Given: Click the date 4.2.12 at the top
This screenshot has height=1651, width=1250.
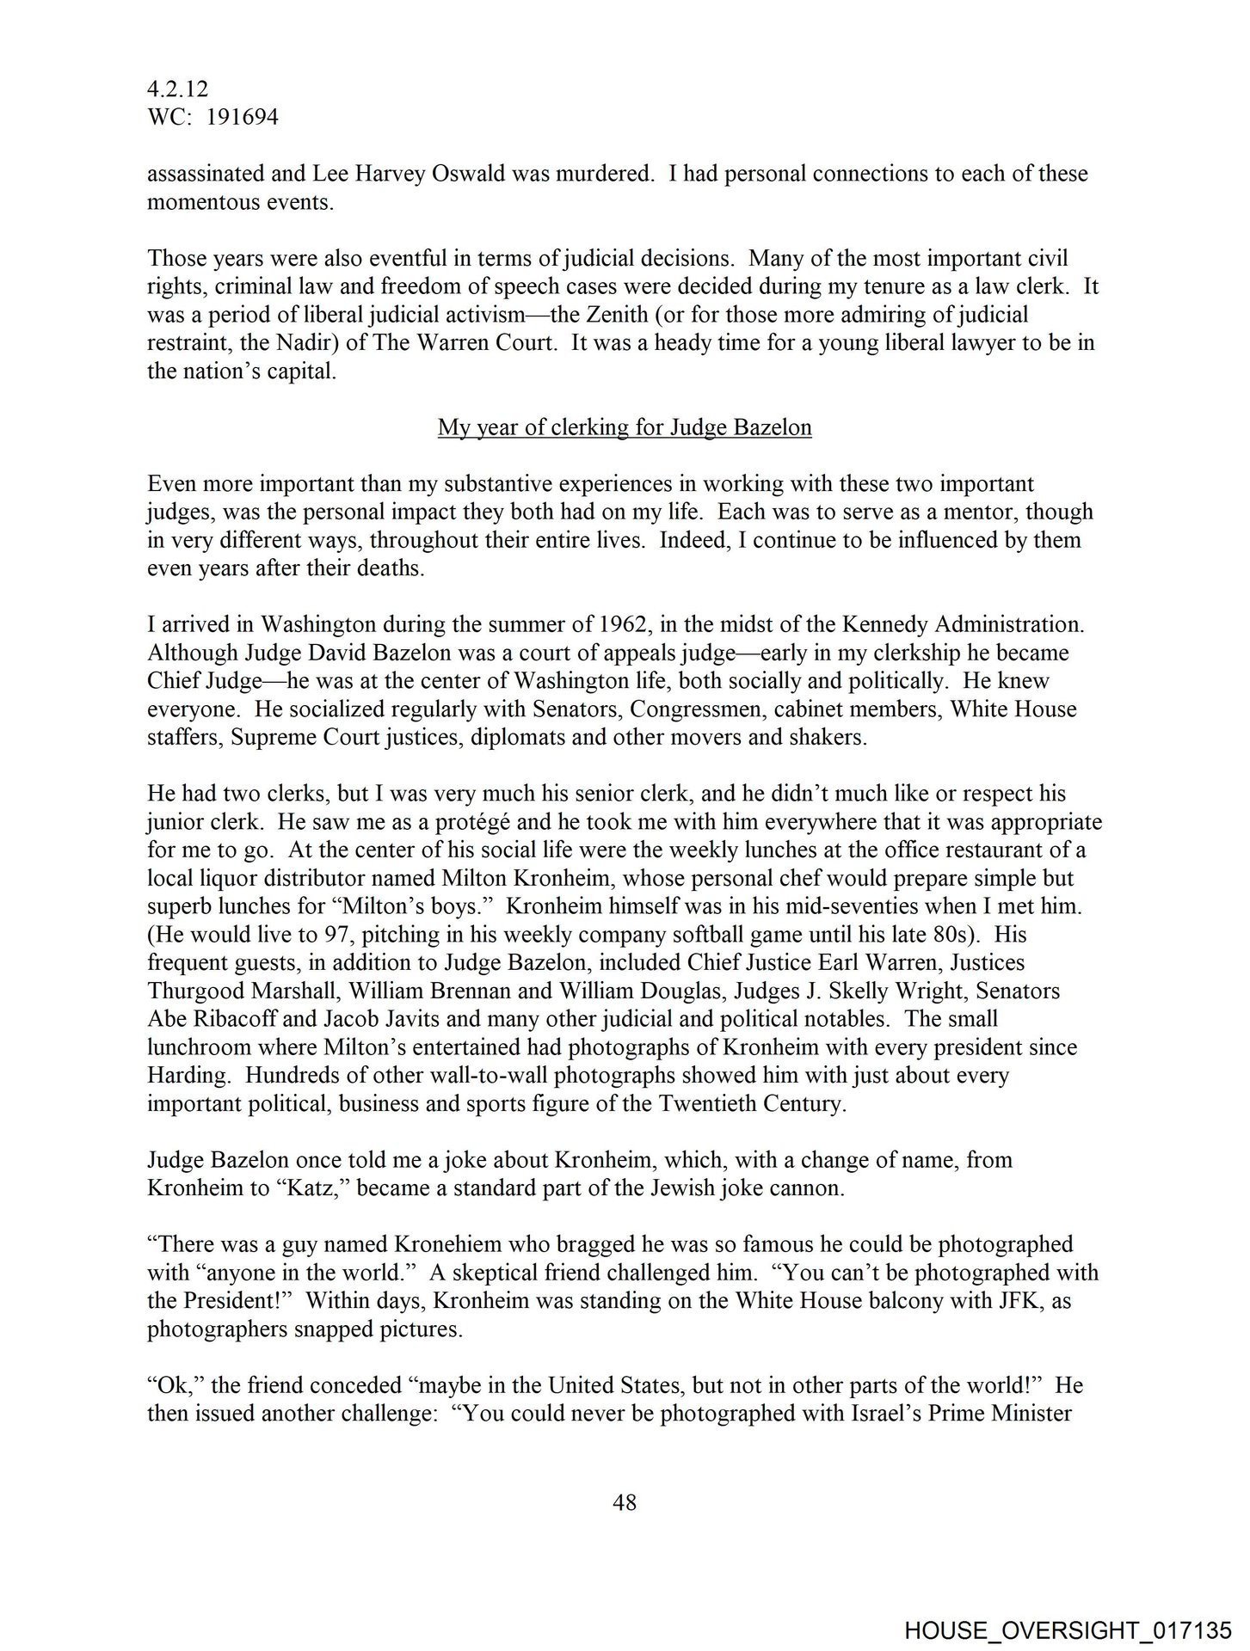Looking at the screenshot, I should click(177, 89).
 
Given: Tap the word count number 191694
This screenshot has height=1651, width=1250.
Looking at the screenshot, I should click(239, 117).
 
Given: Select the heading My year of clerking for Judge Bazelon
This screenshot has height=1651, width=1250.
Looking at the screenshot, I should click(625, 427).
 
